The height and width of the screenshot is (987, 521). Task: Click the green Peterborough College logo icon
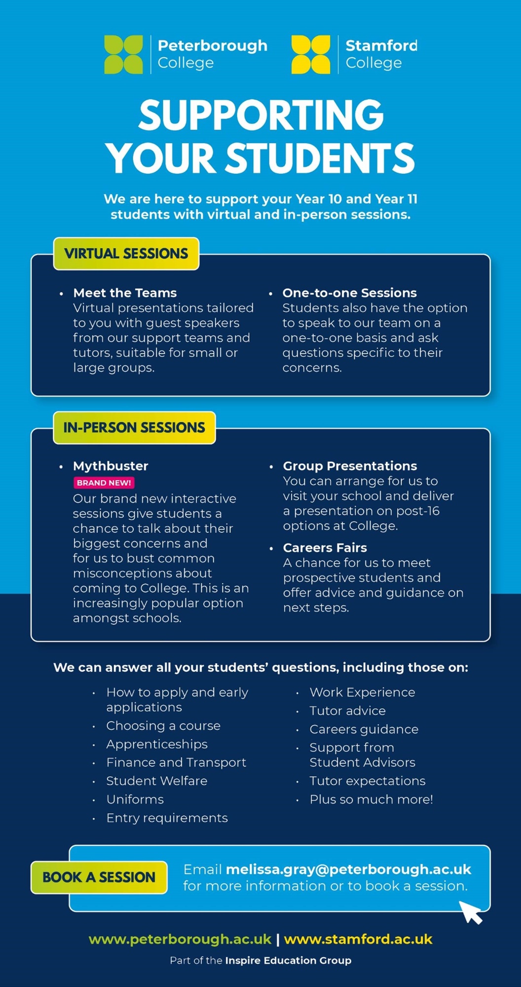tap(123, 54)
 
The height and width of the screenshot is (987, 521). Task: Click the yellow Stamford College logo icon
tap(311, 54)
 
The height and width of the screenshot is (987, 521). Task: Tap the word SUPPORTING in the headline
tap(261, 114)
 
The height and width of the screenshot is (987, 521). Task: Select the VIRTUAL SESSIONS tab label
tap(126, 254)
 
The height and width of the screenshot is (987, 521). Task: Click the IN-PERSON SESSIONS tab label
tap(134, 427)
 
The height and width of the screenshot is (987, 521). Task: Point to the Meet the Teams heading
tap(125, 293)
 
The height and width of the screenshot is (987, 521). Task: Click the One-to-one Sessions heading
tap(350, 293)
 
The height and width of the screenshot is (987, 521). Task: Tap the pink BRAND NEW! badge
tap(104, 483)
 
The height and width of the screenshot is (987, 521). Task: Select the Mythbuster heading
tap(111, 466)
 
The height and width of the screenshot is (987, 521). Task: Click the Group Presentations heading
tap(350, 466)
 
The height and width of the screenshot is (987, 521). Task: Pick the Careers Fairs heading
tap(325, 548)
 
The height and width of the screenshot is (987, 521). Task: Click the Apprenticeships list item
tap(157, 744)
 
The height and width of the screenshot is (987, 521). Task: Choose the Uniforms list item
tap(135, 799)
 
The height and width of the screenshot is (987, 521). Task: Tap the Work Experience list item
tap(362, 692)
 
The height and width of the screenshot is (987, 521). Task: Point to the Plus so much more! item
tap(371, 799)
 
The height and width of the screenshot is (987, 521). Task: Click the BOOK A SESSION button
tap(99, 877)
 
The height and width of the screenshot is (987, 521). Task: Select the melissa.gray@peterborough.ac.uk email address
tap(348, 870)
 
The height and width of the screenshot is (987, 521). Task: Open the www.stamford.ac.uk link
tap(358, 939)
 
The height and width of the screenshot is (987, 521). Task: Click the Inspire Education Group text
tap(288, 960)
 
